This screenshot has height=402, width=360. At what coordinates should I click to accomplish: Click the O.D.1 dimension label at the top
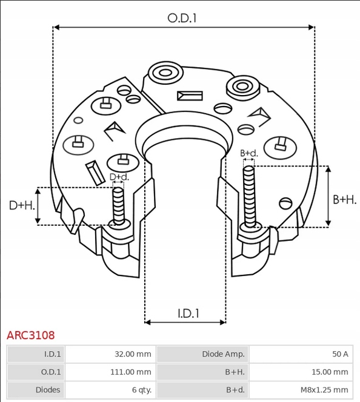(x=182, y=18)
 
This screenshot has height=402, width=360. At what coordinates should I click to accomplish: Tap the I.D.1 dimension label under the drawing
(x=188, y=313)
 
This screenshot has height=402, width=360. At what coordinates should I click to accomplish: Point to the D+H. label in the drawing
(x=22, y=206)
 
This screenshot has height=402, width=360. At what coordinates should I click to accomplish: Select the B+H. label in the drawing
(x=345, y=199)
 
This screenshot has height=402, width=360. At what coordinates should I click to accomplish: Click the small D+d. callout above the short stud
(x=119, y=177)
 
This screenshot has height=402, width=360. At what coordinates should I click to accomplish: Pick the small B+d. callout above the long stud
(x=249, y=153)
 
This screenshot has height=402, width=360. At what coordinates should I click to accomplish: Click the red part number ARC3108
(x=30, y=335)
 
